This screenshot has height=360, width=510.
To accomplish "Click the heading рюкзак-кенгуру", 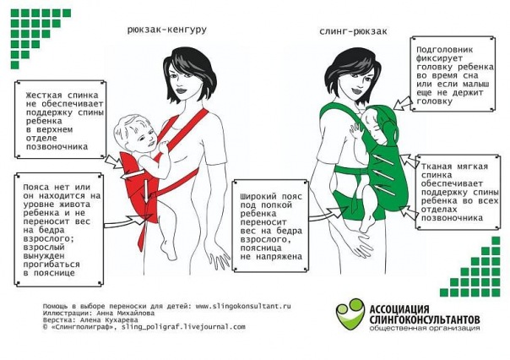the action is coord(167,30).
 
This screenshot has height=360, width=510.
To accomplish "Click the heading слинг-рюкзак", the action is coord(353,31).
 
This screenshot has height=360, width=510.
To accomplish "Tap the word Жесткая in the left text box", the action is coord(44,95).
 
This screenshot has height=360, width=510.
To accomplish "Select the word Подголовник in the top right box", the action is coord(445,50).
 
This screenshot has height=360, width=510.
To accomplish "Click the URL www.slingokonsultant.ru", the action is coord(243,306).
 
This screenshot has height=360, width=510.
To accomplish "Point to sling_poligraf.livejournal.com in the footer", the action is coord(183,326).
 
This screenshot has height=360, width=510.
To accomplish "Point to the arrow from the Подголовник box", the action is coord(402,103).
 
